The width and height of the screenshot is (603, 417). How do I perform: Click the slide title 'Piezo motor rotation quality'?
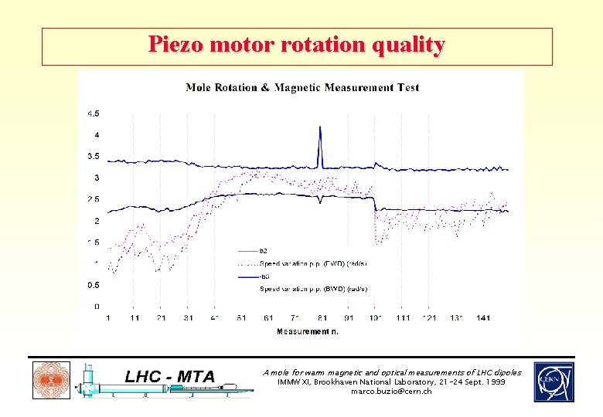pos(297,45)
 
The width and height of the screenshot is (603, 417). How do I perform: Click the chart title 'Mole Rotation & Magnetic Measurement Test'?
pos(302,87)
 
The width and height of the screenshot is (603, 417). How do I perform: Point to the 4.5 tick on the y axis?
pos(92,114)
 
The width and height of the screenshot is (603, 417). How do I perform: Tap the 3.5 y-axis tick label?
pos(92,156)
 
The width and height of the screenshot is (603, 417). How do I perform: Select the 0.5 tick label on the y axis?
pos(92,285)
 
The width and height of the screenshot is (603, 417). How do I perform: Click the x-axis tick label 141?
pos(483,318)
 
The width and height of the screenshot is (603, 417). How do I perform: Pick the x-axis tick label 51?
pos(242,318)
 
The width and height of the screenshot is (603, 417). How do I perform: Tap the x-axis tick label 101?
pos(376,318)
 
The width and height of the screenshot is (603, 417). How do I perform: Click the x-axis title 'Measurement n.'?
pos(307,331)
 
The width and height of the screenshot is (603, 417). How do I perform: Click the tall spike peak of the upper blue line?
pos(320,128)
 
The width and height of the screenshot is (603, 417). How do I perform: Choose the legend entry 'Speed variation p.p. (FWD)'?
pos(313,263)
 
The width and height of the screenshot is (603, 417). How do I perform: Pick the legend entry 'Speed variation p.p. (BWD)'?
pos(313,289)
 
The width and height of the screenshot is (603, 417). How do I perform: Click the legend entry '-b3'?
pos(265,276)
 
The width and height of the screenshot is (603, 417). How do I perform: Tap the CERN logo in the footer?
pos(554,381)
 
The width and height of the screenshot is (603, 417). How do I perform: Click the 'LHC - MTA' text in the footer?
pos(170,376)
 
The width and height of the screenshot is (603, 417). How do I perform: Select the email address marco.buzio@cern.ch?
pos(392,392)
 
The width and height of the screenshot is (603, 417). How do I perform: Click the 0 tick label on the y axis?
pos(97,307)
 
